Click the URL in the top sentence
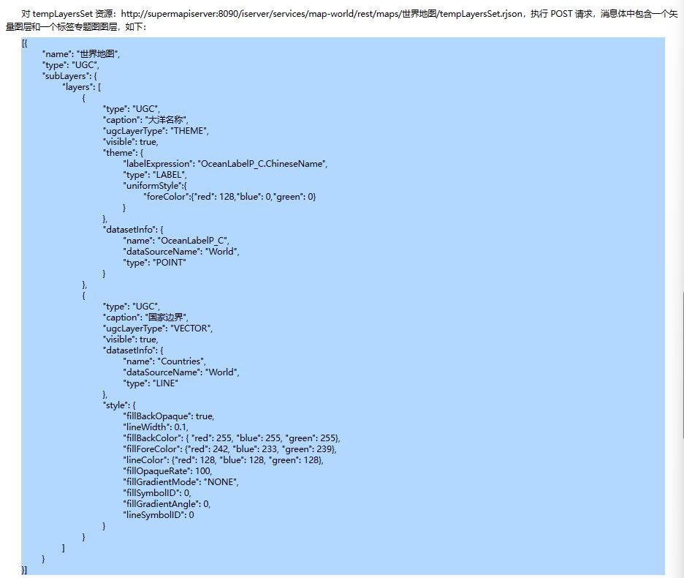322,14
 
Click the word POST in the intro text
561,14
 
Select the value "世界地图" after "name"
97,53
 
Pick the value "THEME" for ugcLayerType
189,131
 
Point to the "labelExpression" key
159,164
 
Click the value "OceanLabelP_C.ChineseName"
262,164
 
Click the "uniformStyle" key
153,186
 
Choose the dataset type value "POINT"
170,263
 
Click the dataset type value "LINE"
165,383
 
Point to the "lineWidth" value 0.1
180,427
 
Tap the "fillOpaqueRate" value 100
203,471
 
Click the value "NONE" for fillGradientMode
220,482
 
